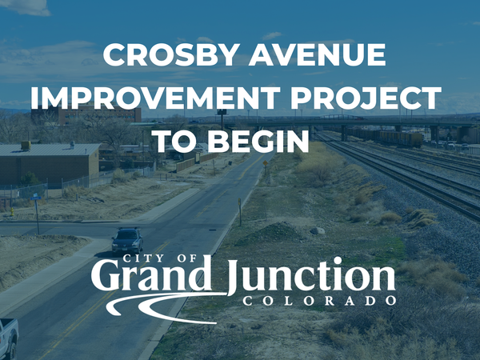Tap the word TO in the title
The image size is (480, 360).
(x=176, y=140)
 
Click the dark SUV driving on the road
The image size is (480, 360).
(x=126, y=239)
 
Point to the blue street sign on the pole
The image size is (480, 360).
(x=35, y=196)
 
